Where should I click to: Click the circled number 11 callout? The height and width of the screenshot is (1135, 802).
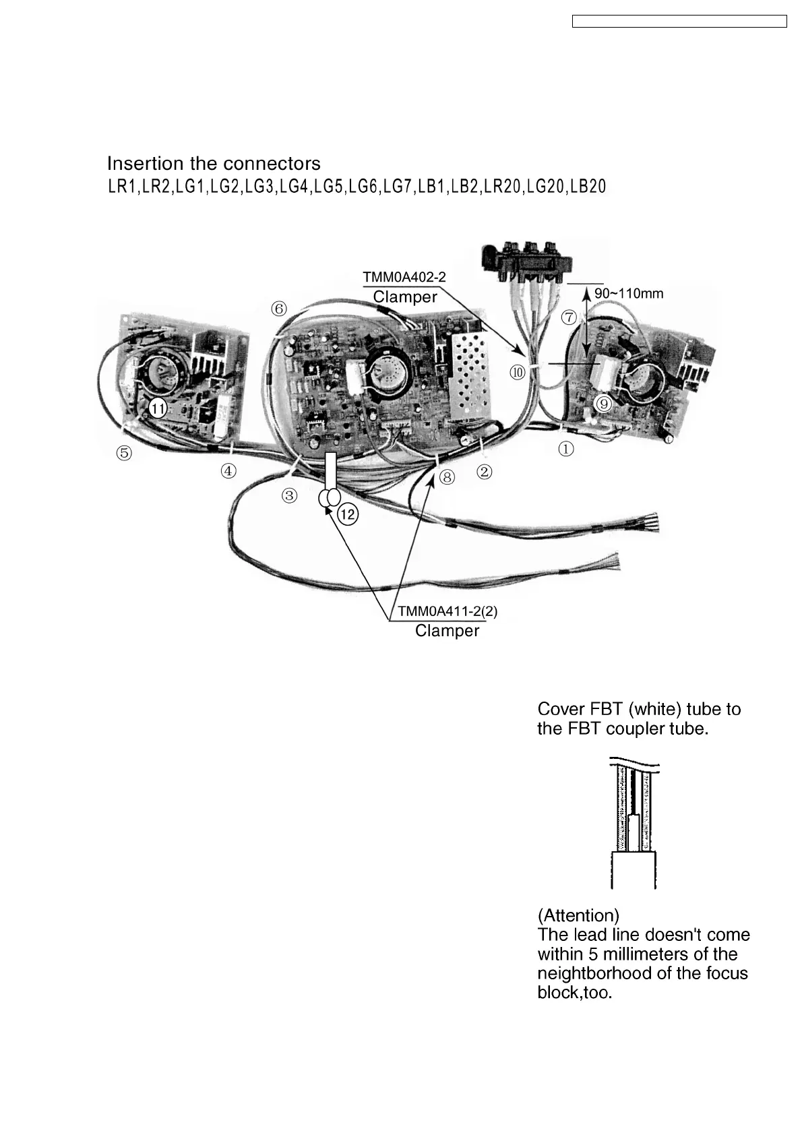[157, 408]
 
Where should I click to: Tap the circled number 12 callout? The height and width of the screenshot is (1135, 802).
[348, 515]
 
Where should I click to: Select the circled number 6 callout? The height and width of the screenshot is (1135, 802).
[279, 309]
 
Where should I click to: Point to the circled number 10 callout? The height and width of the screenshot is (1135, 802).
[518, 372]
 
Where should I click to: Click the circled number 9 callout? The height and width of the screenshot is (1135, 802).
[604, 403]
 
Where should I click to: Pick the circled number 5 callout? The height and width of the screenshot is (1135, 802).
[124, 453]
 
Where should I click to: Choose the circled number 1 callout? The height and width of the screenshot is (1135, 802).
[566, 448]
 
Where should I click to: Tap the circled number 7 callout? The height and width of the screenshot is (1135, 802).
[569, 317]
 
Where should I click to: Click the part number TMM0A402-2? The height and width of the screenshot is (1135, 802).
[404, 277]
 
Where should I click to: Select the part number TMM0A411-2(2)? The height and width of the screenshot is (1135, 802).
[448, 611]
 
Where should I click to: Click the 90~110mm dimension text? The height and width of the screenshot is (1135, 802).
[629, 293]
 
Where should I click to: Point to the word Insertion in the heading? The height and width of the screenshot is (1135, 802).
[145, 164]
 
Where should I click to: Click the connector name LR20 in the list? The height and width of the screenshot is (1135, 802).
[502, 187]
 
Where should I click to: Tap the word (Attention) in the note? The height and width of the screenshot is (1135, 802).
[578, 915]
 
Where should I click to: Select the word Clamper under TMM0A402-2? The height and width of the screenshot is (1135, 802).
[405, 297]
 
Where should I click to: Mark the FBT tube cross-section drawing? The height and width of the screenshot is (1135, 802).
[633, 823]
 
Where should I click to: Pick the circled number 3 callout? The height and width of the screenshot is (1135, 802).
[289, 496]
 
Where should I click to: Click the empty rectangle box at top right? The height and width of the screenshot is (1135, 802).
[679, 22]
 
